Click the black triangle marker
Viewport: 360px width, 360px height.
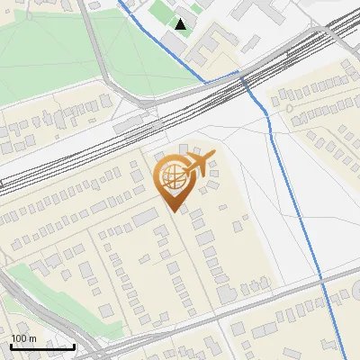181,24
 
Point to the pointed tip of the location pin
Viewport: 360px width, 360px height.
175,211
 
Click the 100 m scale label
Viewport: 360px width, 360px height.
23,338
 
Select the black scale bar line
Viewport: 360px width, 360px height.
41,346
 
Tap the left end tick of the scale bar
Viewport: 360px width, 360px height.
10,345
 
